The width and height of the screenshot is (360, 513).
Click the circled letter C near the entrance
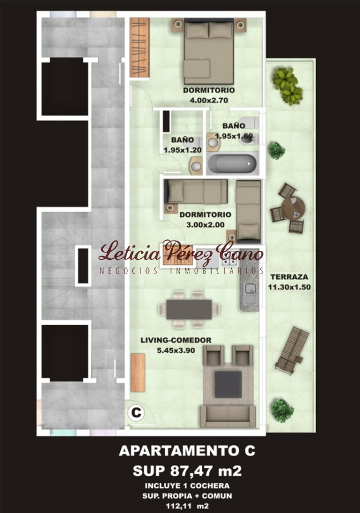coord(136,413)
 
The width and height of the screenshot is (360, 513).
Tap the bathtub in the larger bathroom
coord(233,163)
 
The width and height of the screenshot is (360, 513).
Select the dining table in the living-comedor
coord(189,310)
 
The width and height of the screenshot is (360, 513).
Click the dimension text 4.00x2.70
coord(209,100)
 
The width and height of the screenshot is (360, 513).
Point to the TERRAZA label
coord(289,277)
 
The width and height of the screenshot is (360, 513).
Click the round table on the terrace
coord(293,208)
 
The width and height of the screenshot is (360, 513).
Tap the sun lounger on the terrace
coord(292,350)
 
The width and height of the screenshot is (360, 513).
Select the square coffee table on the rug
coord(228,384)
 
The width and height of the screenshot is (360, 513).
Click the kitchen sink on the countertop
coord(250,294)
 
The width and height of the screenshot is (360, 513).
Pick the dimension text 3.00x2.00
coord(205,225)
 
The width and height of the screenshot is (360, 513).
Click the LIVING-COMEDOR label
coord(176,340)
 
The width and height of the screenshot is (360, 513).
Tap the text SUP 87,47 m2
coord(187,471)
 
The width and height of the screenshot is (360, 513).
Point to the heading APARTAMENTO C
coord(187,451)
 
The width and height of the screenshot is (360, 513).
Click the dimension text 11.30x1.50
coord(289,287)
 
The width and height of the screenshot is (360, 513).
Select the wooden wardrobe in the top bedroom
coord(140,47)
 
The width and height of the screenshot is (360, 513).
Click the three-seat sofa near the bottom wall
coord(228,416)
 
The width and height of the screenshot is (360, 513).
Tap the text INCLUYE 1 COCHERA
coord(187,486)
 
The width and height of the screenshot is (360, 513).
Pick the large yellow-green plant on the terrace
coord(288,85)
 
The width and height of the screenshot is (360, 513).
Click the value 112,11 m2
coord(187,506)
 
